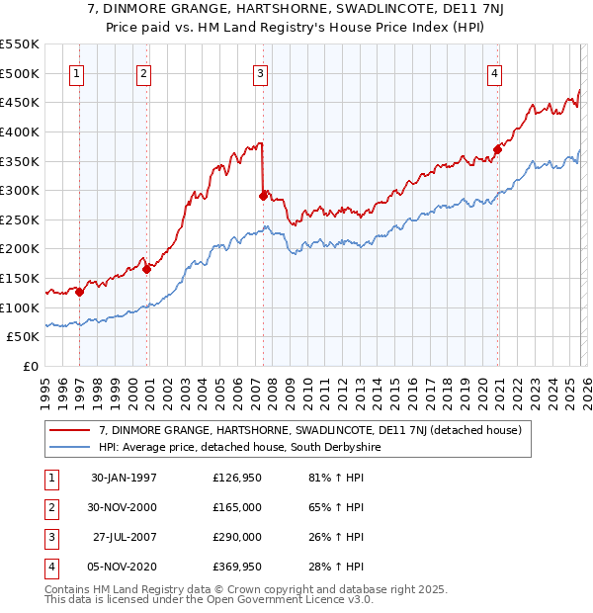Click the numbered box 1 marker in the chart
coord(77,72)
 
